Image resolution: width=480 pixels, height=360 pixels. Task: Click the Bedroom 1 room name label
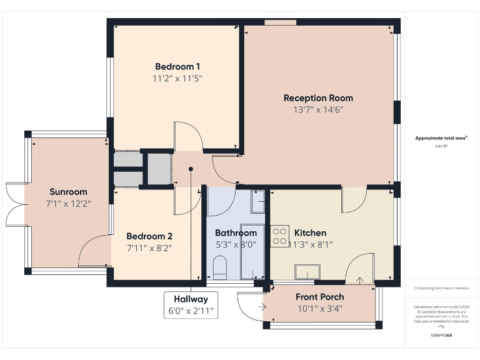point(177,67)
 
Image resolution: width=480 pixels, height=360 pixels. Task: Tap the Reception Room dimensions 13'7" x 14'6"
point(318,110)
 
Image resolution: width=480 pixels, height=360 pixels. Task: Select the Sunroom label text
point(68,192)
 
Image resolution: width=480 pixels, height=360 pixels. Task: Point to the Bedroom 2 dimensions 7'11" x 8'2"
point(149,247)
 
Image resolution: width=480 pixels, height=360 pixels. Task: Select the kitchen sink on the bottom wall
point(309,271)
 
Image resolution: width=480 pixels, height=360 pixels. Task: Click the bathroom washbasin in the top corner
point(258,202)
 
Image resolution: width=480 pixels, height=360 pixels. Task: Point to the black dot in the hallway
point(191,169)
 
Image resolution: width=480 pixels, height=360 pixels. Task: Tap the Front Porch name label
point(319,297)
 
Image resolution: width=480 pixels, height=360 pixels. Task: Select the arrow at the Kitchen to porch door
point(359,281)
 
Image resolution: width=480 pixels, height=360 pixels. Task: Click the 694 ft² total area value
point(441,146)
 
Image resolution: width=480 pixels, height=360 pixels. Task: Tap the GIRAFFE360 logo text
point(441,336)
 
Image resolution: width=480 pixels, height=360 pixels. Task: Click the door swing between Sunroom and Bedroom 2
point(92,250)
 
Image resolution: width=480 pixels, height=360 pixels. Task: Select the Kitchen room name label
point(310,233)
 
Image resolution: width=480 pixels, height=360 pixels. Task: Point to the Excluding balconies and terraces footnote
point(441,288)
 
